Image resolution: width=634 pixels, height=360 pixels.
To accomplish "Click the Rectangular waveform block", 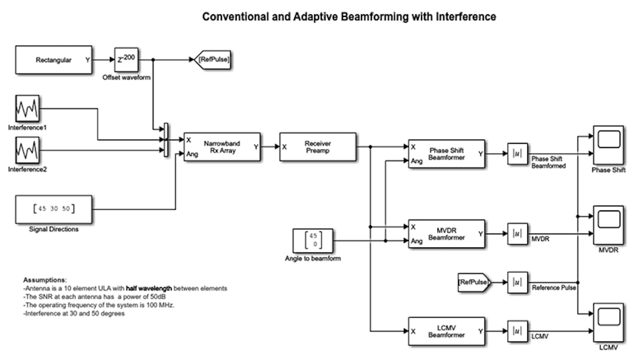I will point(53,60).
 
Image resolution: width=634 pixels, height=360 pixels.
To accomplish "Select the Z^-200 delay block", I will point(126,60).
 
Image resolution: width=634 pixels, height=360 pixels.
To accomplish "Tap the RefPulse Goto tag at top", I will point(213,60).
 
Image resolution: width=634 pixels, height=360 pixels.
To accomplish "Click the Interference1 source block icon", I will point(27,109).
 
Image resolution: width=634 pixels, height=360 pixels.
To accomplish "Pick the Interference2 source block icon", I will point(27,150).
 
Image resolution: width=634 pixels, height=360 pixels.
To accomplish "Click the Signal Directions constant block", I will point(53,209).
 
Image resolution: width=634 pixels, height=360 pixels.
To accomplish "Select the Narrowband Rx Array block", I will point(222,146).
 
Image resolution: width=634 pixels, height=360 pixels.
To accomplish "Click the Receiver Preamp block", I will point(318,146).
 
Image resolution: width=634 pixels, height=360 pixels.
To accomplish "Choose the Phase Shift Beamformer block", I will point(446,154).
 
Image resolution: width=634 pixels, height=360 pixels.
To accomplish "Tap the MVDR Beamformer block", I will point(446,234).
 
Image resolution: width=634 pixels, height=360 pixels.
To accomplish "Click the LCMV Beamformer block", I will point(446,331).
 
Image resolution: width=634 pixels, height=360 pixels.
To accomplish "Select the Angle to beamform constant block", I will point(313,241).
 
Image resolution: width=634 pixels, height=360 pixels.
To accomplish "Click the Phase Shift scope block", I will point(608,145).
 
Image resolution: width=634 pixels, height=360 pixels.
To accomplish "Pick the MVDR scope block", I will point(608,225).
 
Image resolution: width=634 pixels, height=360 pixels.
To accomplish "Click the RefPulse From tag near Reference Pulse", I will point(474,282).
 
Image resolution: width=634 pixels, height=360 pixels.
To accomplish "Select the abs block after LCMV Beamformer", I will point(517,331).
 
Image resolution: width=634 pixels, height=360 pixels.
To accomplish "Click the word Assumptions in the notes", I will point(45,279).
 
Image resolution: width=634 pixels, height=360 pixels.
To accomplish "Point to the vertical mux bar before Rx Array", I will point(166,140).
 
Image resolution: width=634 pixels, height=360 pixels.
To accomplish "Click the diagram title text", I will point(349,17).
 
